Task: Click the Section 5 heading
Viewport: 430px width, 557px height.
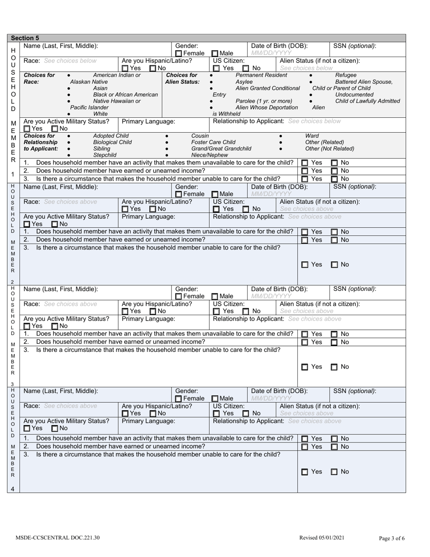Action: coord(25,38)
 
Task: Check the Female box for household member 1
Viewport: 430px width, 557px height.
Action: coord(178,53)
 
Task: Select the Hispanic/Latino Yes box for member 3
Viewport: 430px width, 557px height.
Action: coord(125,311)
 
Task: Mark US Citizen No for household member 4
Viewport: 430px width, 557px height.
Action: coord(246,413)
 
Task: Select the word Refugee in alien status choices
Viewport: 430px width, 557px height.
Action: coord(346,75)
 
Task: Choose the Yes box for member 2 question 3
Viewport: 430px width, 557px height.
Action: coord(305,264)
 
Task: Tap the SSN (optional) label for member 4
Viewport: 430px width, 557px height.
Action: coord(354,391)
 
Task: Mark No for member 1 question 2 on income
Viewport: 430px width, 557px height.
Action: coord(334,171)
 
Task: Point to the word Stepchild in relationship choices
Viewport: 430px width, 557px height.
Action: coord(101,155)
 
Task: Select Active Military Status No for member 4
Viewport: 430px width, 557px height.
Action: coord(55,428)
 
